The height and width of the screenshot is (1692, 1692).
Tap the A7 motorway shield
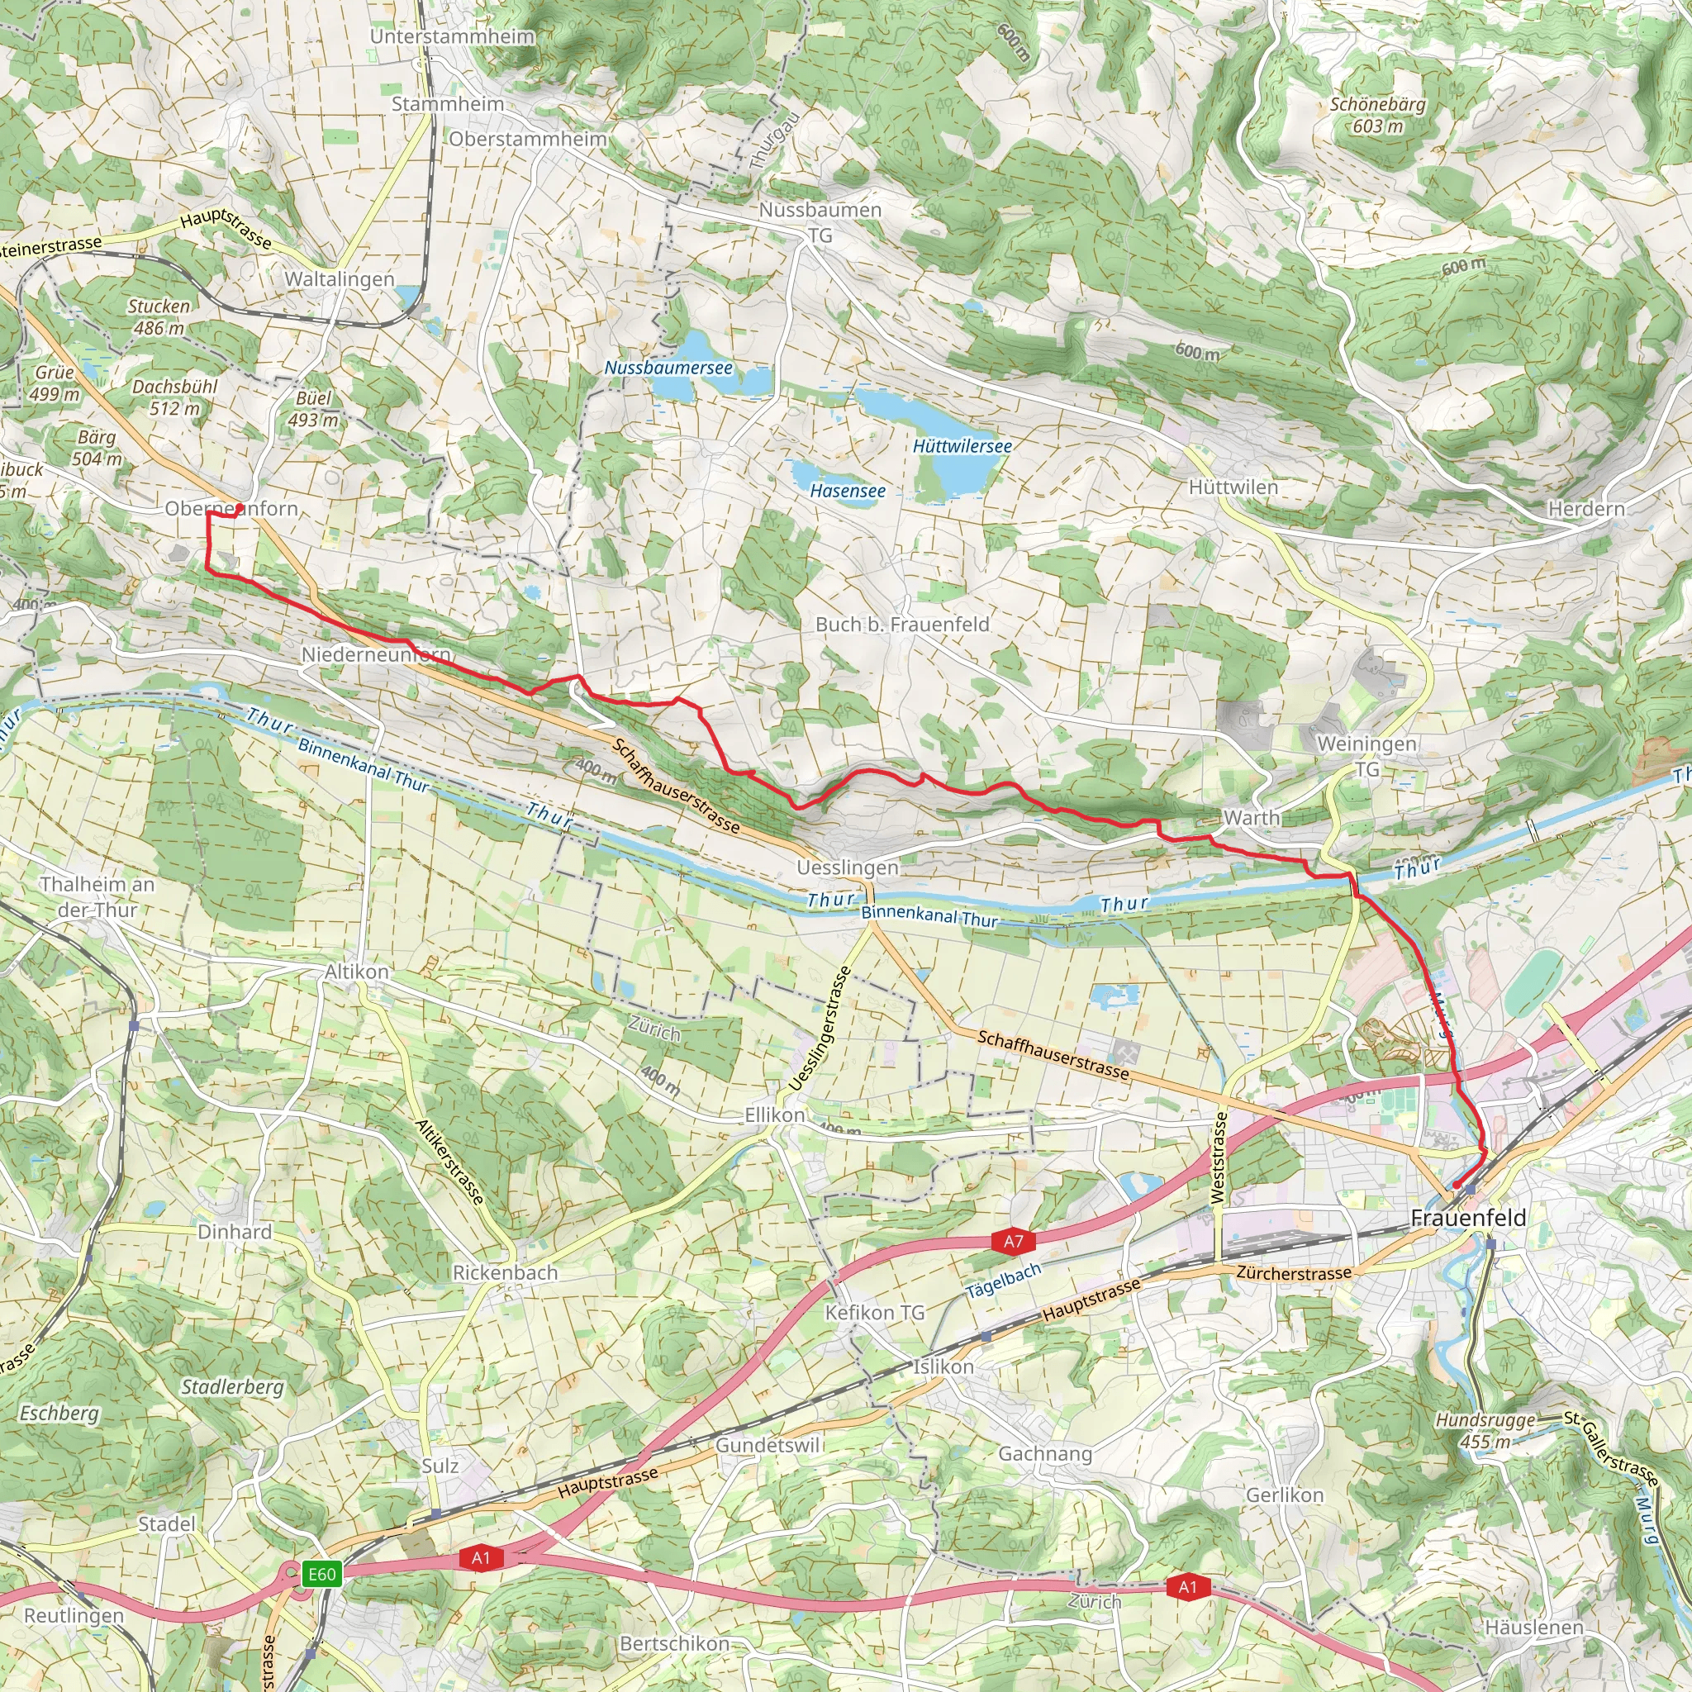[x=1013, y=1241]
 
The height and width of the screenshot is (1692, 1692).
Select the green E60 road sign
[x=321, y=1574]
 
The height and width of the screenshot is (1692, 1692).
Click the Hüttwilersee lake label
[x=962, y=446]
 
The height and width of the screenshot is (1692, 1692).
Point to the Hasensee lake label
[x=847, y=492]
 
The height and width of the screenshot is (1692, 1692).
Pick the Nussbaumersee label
[x=668, y=368]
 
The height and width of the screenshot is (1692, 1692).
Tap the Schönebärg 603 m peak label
[x=1377, y=115]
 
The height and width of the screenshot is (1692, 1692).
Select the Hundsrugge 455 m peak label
[x=1485, y=1430]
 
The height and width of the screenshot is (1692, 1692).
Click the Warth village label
[x=1251, y=818]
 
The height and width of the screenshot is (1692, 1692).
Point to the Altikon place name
[x=356, y=972]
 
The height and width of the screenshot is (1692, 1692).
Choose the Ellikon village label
[x=774, y=1115]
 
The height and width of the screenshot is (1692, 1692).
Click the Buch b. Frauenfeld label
[x=902, y=625]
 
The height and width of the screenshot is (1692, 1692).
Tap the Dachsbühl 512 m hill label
[x=174, y=397]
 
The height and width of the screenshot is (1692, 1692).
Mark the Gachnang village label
[x=1045, y=1454]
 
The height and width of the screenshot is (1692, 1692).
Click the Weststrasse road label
[x=1217, y=1157]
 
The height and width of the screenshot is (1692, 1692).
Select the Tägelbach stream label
[x=1004, y=1281]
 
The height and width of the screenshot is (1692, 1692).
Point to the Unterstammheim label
[x=452, y=37]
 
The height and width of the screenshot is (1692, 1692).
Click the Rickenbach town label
[x=505, y=1272]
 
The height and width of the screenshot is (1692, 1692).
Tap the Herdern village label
[x=1586, y=509]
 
